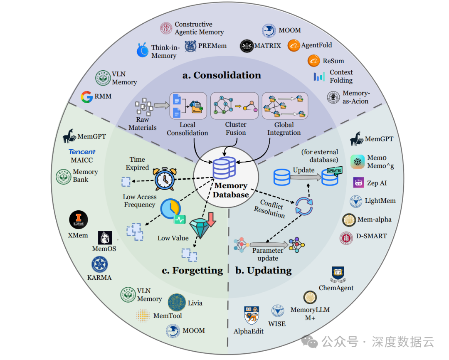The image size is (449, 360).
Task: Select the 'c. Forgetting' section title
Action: (192, 271)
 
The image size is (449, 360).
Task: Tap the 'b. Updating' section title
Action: (264, 271)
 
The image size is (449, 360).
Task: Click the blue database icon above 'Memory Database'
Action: (224, 169)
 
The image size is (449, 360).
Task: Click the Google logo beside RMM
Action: (86, 97)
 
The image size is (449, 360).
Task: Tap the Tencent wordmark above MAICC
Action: (82, 152)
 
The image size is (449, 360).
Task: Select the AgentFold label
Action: (316, 45)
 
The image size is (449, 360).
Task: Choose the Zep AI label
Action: (377, 183)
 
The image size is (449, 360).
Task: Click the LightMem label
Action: (380, 201)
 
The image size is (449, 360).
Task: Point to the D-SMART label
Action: (371, 236)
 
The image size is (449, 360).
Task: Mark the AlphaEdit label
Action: (249, 331)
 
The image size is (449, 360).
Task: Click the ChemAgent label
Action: (336, 288)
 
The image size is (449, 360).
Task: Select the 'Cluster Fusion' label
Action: (235, 128)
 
